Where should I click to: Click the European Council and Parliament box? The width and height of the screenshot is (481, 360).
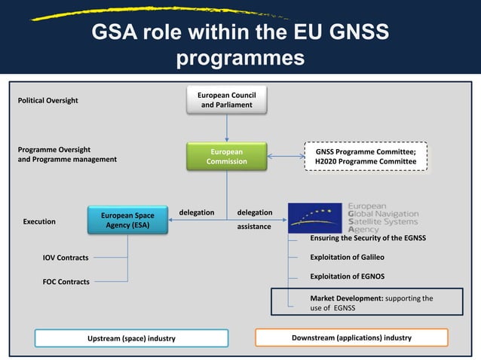(x=227, y=100)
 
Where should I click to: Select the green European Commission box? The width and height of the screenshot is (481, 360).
(x=227, y=156)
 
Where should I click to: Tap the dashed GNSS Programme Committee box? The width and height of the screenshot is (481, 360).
(x=365, y=156)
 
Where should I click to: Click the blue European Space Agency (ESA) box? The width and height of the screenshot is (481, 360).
(x=127, y=221)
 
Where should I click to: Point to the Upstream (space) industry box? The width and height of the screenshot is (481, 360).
(x=131, y=338)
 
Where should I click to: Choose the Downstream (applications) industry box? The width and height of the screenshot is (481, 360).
(x=351, y=337)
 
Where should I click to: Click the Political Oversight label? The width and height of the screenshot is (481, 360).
(x=47, y=100)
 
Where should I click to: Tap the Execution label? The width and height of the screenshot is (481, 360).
(x=39, y=222)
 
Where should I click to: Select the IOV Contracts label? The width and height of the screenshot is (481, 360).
(x=66, y=258)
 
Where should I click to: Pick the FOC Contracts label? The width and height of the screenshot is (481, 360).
(x=66, y=282)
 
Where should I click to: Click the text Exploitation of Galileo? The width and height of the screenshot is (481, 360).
(x=353, y=257)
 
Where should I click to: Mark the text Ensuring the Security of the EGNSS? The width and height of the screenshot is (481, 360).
(x=368, y=238)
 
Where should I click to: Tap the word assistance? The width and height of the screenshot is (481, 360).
(x=254, y=226)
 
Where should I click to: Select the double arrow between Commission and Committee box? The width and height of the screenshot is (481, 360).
(x=286, y=157)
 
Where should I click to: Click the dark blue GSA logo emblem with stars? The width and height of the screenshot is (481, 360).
(x=315, y=218)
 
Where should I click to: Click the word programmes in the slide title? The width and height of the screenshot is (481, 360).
(x=240, y=58)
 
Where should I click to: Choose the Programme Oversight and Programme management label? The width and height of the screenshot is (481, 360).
(x=67, y=154)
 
